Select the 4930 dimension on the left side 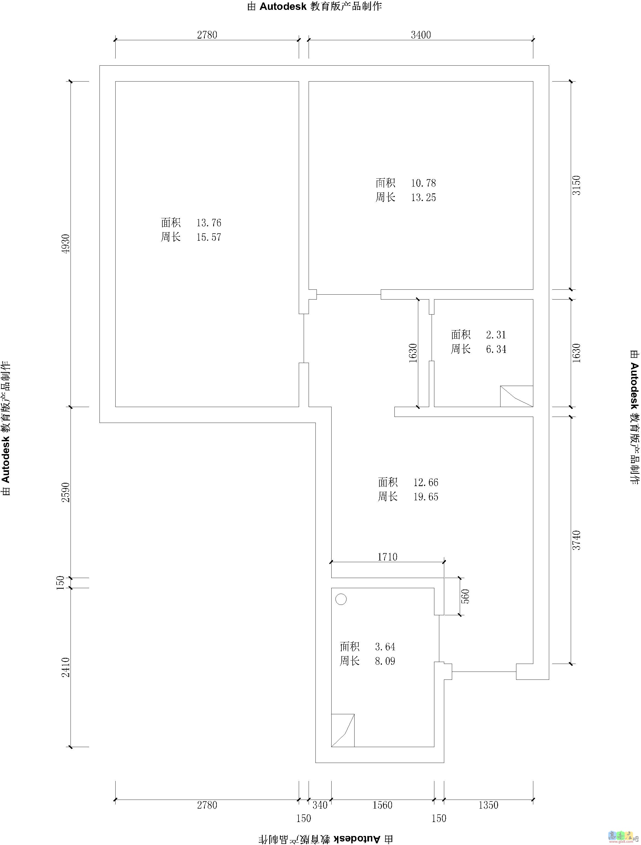pos(66,244)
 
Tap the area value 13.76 pos(209,223)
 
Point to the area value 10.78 pos(423,183)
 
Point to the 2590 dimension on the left pos(66,492)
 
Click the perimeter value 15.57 pos(209,237)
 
